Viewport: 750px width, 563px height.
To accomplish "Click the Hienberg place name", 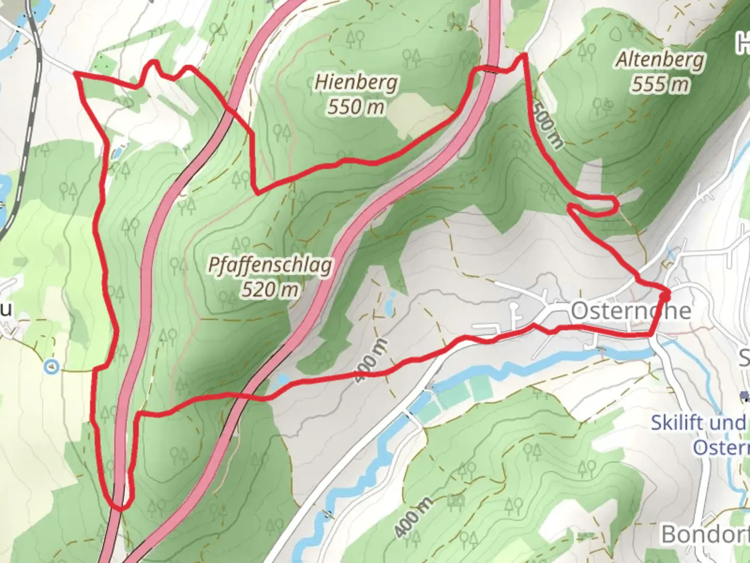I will click(356, 82).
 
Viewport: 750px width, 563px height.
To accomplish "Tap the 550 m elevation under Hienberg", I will click(356, 107).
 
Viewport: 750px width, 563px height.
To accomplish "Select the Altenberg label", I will click(660, 60).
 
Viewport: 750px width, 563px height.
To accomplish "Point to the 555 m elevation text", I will click(660, 84).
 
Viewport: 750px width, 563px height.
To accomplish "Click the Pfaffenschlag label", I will click(270, 265).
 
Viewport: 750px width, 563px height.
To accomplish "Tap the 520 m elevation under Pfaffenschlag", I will click(270, 289).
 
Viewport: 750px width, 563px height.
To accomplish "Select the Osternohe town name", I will click(631, 311).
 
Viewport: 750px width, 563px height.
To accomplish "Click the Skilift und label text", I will click(698, 422).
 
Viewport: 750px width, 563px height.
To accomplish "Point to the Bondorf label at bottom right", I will click(704, 534).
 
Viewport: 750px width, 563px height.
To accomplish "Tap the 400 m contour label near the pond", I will click(372, 360).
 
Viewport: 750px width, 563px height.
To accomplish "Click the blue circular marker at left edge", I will click(51, 368).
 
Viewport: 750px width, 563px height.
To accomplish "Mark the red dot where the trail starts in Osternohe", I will click(665, 296).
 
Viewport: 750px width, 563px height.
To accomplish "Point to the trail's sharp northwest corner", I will click(77, 75).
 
